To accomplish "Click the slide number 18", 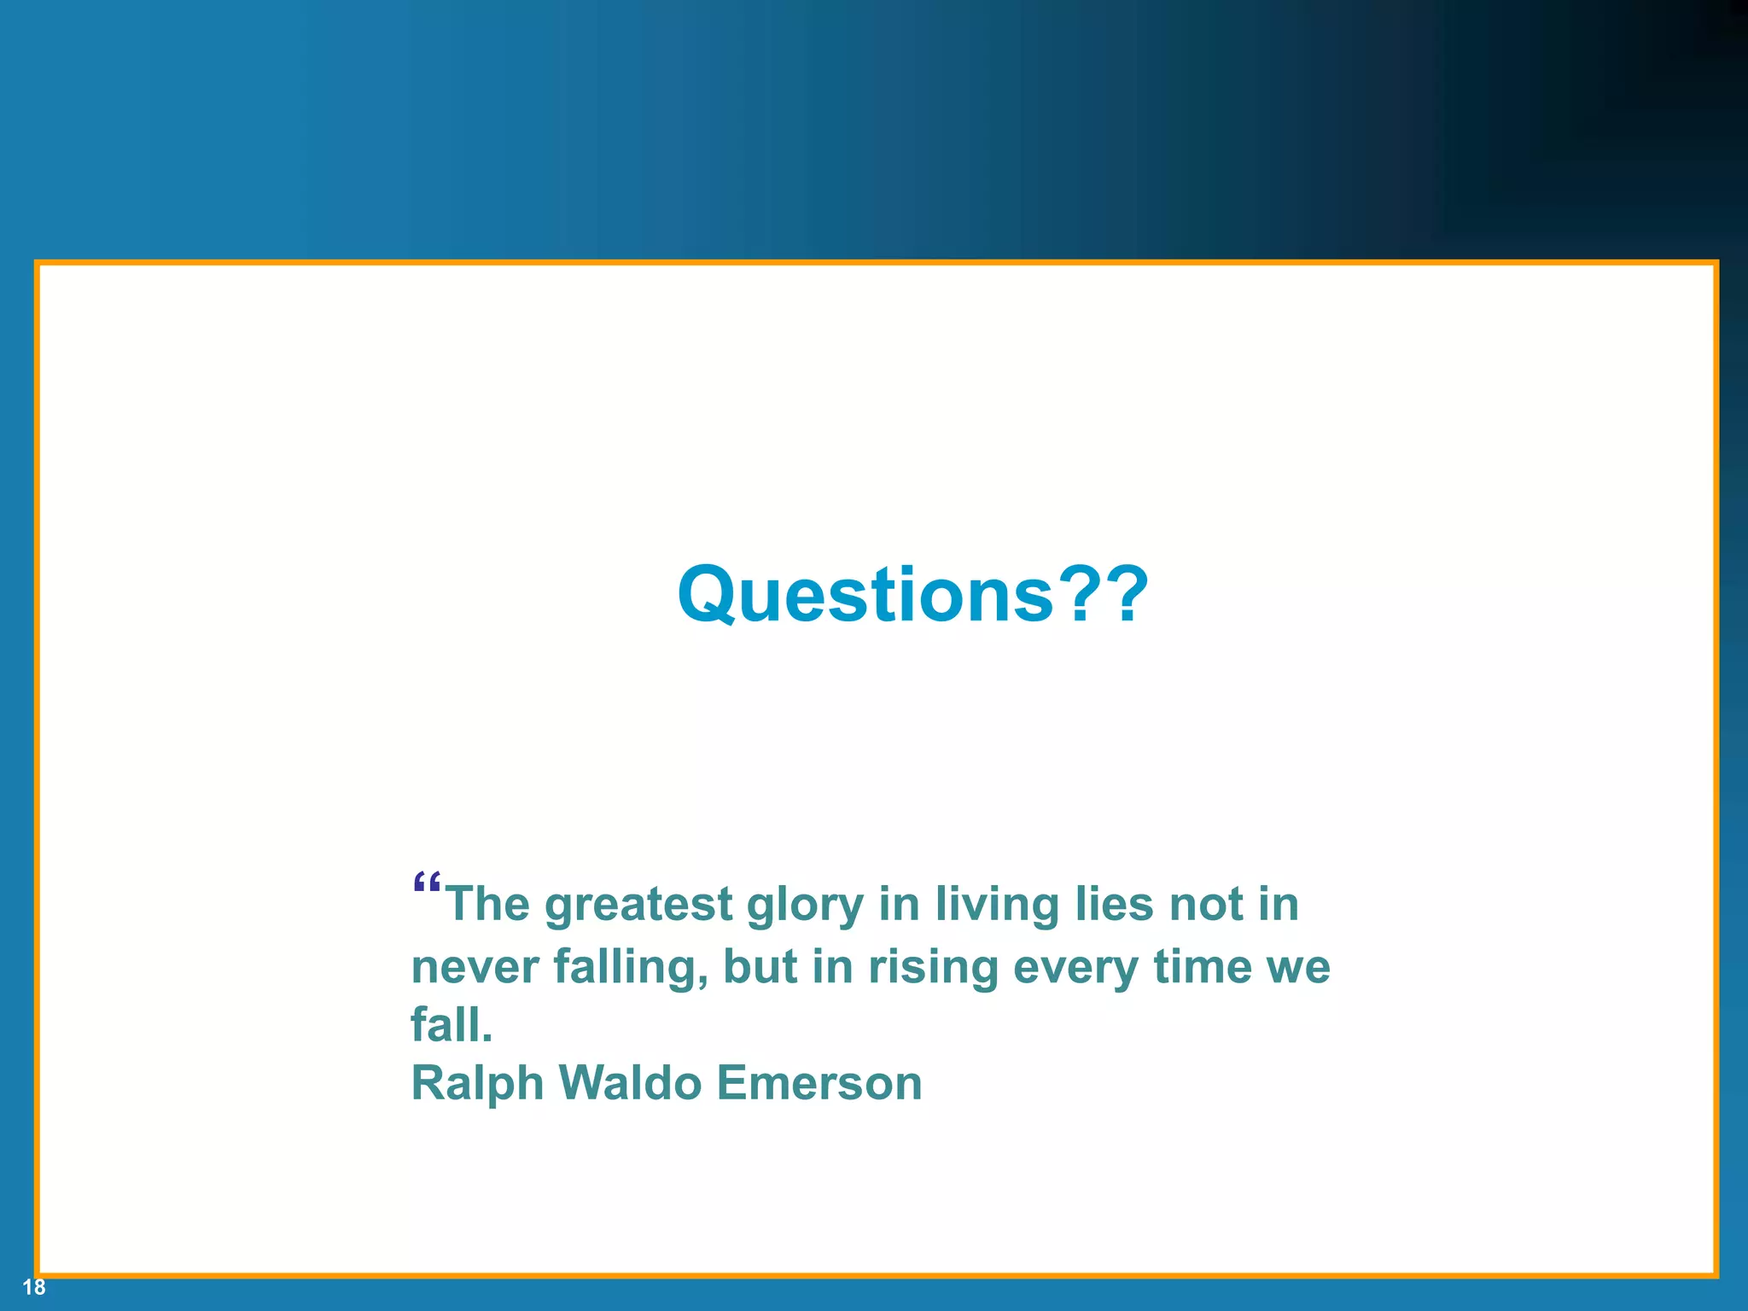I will pos(34,1287).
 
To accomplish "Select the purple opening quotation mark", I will pos(426,883).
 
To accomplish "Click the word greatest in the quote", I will pos(638,905).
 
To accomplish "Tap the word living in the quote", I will pos(996,905).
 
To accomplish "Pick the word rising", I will pos(933,968).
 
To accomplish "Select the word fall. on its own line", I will pos(452,1024).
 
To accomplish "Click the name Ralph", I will pos(477,1084).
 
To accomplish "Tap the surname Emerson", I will pos(819,1082).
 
